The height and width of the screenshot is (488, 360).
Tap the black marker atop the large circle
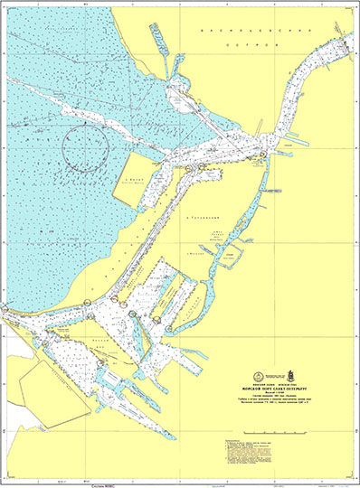[x=87, y=121]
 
